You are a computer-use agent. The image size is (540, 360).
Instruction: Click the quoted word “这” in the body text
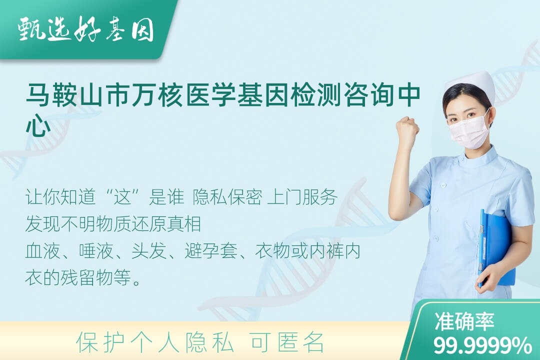[122, 197]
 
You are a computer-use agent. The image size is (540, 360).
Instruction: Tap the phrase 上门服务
[302, 197]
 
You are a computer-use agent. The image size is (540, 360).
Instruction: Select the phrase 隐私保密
[227, 197]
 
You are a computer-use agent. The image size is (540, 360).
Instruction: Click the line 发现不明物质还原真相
[113, 224]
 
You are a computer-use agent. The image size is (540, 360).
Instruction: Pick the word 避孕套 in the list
[211, 251]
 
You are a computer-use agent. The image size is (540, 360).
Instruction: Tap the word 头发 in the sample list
[149, 251]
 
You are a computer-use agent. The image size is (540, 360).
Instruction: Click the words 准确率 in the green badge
[464, 321]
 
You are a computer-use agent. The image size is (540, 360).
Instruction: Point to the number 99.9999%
[482, 345]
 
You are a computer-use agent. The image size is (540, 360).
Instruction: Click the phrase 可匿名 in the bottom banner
[287, 342]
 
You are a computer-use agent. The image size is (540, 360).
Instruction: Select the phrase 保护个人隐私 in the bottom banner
[155, 342]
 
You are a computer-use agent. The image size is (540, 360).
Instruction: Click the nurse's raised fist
[407, 128]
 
